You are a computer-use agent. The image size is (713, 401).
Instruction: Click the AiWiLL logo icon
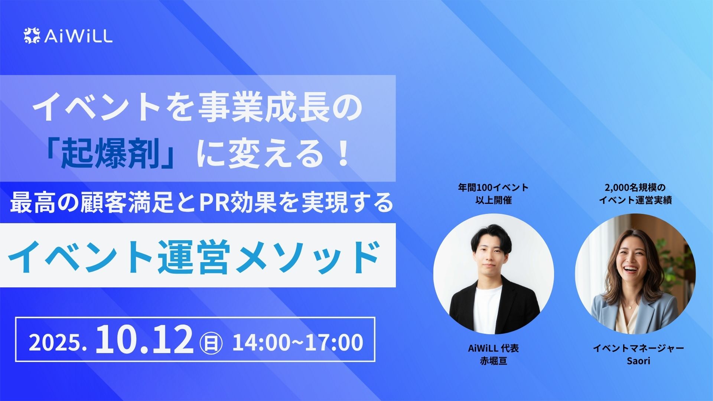(x=32, y=36)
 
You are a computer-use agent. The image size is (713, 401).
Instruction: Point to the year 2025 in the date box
(x=55, y=343)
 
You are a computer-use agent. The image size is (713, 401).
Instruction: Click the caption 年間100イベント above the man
(x=493, y=188)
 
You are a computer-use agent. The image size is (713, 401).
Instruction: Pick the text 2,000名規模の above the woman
(x=635, y=188)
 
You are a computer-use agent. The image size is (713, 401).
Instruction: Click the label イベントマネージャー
(x=638, y=348)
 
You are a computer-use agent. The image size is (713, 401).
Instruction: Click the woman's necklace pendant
(x=630, y=307)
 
